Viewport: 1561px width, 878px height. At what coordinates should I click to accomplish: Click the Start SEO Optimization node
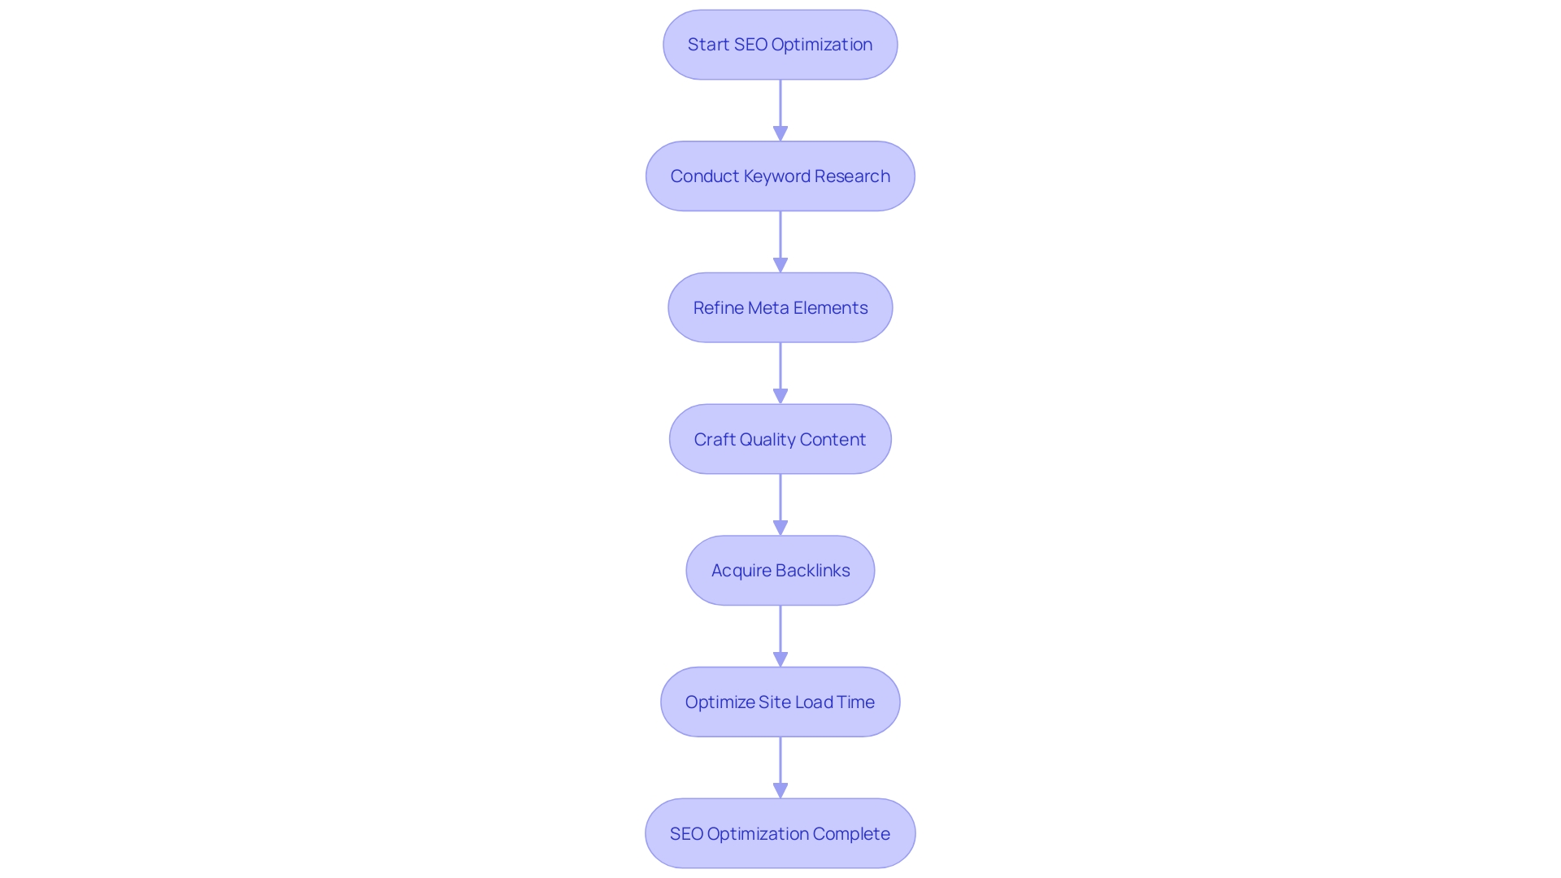[780, 45]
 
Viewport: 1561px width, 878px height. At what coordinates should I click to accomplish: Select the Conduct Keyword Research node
[780, 176]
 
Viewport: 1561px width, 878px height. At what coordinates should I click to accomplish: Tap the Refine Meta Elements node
[780, 308]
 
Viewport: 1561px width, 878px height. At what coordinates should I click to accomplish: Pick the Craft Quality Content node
[780, 439]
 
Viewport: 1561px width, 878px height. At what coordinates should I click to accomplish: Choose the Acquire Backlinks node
[780, 571]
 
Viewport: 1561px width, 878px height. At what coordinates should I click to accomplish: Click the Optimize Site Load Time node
[780, 702]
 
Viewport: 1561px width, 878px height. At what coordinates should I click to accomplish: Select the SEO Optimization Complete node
[780, 833]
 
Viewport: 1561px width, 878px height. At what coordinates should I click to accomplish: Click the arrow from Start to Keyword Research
[780, 110]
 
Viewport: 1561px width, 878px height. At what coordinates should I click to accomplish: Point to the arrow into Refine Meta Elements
[780, 241]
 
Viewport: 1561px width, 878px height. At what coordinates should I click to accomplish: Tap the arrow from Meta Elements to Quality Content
[780, 373]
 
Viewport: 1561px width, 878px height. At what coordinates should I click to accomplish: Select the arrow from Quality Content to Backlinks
[780, 504]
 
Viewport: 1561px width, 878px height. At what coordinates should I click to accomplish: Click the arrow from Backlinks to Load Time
[780, 636]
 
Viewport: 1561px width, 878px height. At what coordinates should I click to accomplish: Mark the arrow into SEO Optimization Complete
[780, 767]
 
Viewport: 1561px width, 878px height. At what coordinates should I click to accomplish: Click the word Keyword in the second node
[776, 176]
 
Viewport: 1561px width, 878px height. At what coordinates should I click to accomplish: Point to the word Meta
[768, 308]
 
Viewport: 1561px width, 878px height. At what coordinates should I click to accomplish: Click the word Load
[814, 702]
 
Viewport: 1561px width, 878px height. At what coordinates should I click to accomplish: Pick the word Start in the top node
[708, 45]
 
